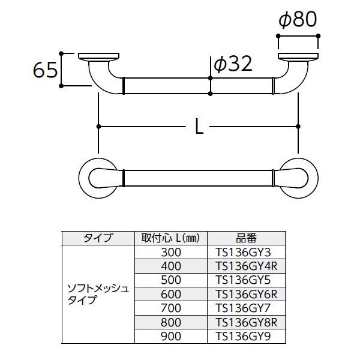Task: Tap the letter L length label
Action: (198, 126)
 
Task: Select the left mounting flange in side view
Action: (100, 58)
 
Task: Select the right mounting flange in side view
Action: (298, 58)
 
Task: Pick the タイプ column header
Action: (97, 238)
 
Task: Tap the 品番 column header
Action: (247, 238)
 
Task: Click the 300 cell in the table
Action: (170, 252)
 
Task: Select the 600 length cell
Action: (170, 295)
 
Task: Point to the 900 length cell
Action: (170, 337)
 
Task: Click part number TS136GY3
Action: (247, 252)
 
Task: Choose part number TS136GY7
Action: (247, 309)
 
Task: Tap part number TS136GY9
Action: (247, 337)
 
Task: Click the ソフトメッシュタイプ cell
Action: (97, 295)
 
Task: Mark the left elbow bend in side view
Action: (100, 81)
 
